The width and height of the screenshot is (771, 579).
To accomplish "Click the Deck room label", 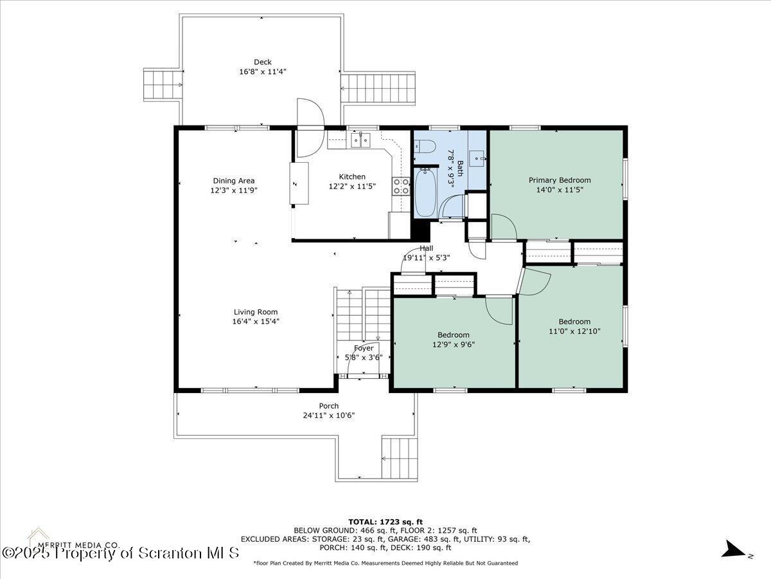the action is [x=263, y=62].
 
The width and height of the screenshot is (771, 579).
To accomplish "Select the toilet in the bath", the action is [x=425, y=146].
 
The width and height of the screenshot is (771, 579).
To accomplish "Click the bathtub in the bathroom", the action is [x=426, y=192].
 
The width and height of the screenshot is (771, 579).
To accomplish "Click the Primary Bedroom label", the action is [x=560, y=180].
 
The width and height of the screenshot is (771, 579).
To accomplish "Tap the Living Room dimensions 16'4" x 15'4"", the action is [x=255, y=321].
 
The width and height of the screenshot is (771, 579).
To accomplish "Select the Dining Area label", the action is [x=234, y=181].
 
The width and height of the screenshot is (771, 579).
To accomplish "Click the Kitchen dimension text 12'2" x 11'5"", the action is [x=352, y=187].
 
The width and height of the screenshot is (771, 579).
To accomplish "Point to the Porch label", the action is [x=329, y=406].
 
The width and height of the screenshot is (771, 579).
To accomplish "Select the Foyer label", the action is [x=364, y=349].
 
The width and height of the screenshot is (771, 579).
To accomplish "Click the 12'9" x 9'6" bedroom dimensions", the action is [x=454, y=345].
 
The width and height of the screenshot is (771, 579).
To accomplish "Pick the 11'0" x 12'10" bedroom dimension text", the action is [x=574, y=331].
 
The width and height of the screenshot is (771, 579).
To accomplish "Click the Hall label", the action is [x=426, y=248].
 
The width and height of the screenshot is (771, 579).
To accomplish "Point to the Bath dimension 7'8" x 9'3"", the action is [x=450, y=169].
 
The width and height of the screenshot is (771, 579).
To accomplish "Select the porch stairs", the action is [x=400, y=459].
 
